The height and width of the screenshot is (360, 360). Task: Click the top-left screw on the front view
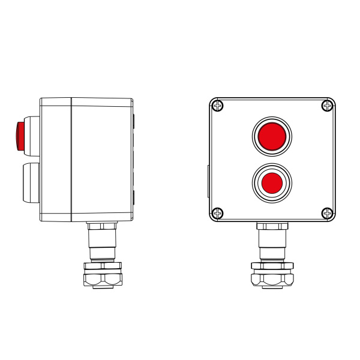coord(218,106)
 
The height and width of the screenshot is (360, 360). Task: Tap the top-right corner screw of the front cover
coord(327,106)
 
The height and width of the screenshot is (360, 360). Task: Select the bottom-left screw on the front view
coord(218,212)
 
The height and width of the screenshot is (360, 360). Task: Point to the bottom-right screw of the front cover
coord(327,212)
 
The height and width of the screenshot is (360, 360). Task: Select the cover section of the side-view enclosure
coord(56,160)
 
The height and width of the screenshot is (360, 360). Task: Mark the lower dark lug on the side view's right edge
coord(133,197)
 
